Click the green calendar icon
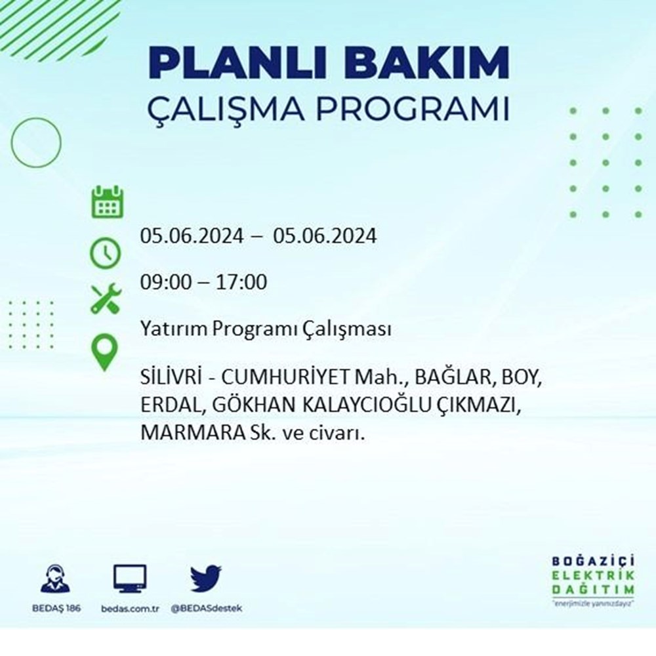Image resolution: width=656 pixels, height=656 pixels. click(x=108, y=202)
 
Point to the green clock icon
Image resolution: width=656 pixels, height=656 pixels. click(x=106, y=253)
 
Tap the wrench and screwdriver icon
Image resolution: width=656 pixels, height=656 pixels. click(x=106, y=298)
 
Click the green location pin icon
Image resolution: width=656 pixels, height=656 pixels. click(x=104, y=352)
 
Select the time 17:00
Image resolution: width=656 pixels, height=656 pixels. click(x=241, y=282)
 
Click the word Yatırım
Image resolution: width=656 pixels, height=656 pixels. click(x=174, y=329)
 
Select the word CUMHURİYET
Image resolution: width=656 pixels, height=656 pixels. click(x=285, y=377)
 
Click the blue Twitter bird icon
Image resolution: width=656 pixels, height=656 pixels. click(x=206, y=578)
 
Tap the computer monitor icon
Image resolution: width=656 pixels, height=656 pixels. click(x=130, y=578)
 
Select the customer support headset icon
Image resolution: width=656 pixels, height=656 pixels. click(x=56, y=579)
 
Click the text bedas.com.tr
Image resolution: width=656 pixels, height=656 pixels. click(x=130, y=609)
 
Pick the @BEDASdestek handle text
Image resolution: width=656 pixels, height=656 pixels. click(x=206, y=608)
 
